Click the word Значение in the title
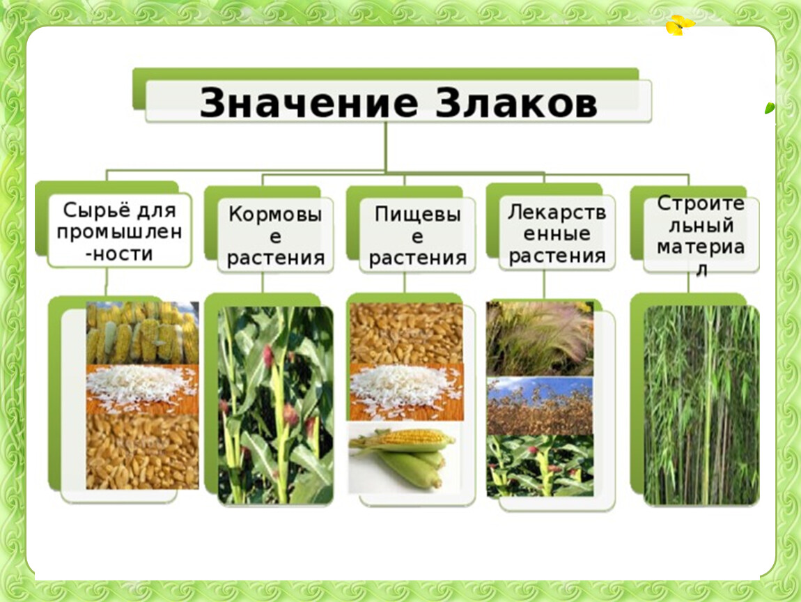(x=309, y=102)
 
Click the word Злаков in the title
(x=516, y=102)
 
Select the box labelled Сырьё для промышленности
(x=120, y=231)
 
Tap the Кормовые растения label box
(x=275, y=235)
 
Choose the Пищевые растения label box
(x=417, y=235)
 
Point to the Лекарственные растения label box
(x=557, y=233)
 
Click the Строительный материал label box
(x=701, y=235)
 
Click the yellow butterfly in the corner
(x=680, y=24)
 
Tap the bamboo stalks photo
(x=701, y=406)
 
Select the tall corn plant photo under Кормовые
(x=276, y=406)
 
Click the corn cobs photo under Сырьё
(x=143, y=332)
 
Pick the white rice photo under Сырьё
(x=143, y=389)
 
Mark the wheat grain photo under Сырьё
(x=143, y=451)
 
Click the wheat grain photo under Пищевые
(x=407, y=334)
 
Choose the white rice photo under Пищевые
(x=407, y=392)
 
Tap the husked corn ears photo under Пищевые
(x=403, y=457)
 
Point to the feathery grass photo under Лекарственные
(x=540, y=339)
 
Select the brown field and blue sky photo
(x=540, y=406)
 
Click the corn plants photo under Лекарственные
(x=540, y=466)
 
